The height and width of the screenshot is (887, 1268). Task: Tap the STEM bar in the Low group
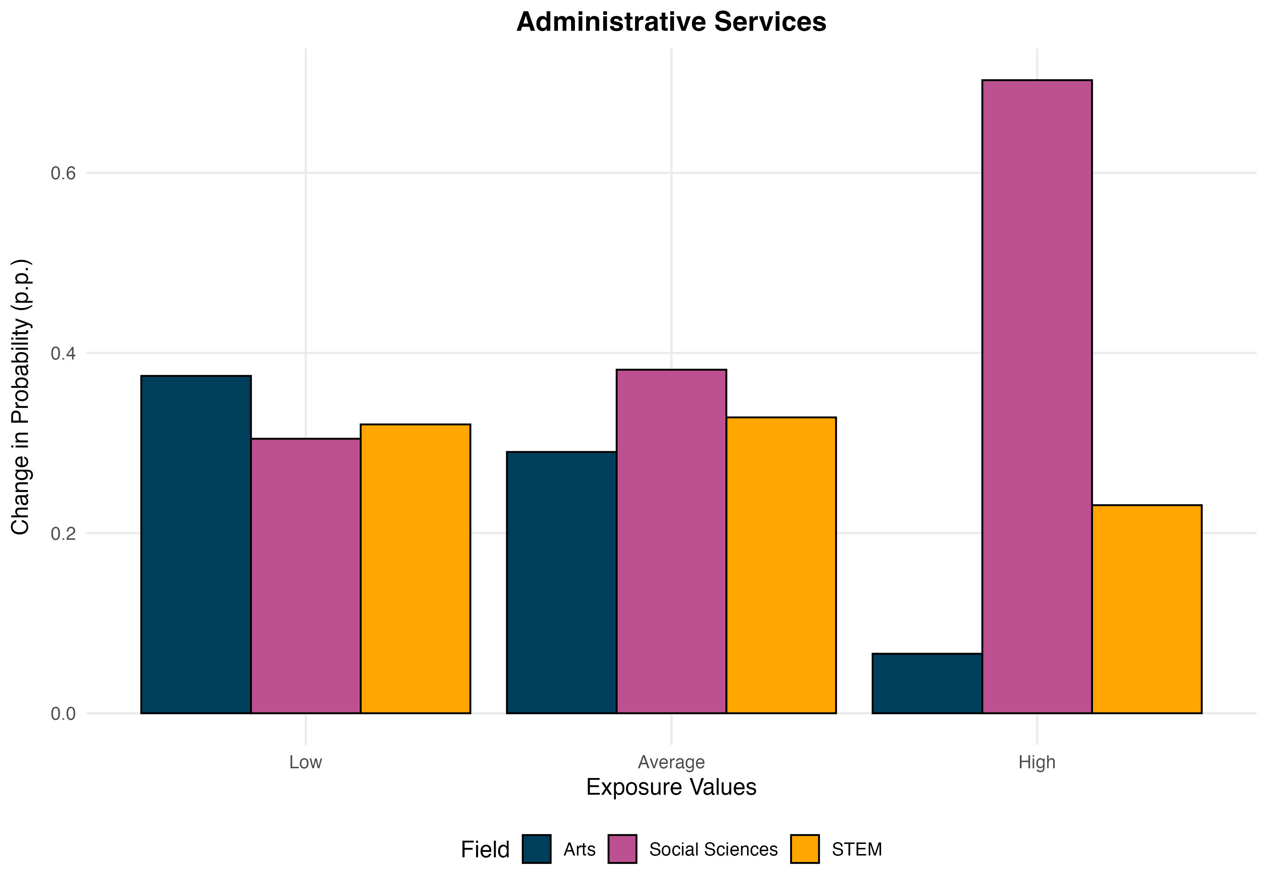[x=415, y=568]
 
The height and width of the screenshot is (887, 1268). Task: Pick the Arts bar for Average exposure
[x=561, y=582]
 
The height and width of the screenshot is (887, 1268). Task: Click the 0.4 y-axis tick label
[x=63, y=353]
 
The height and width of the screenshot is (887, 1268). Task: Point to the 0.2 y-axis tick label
[x=63, y=534]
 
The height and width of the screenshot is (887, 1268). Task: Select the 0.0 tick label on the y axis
[x=63, y=714]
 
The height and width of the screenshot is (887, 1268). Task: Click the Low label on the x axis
[x=305, y=762]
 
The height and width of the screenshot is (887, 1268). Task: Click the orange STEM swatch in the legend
[x=805, y=849]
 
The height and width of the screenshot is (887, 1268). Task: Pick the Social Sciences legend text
[x=713, y=849]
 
